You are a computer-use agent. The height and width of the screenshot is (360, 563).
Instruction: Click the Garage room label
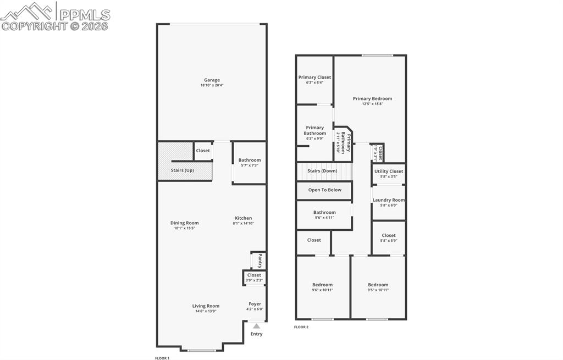point(212,80)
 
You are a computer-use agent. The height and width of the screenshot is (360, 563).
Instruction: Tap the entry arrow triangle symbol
point(256,326)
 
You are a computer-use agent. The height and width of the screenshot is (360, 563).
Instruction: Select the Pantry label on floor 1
point(260,260)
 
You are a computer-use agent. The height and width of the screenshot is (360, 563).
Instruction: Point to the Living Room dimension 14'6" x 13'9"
point(206,312)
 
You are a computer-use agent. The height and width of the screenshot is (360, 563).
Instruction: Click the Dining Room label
point(184,223)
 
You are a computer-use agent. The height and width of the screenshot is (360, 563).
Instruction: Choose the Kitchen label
point(243,218)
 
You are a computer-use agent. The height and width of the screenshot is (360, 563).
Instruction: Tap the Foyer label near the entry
point(255,304)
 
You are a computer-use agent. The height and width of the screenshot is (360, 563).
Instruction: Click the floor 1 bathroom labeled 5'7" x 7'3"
point(249,163)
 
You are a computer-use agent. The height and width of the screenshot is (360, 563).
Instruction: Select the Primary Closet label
point(314,77)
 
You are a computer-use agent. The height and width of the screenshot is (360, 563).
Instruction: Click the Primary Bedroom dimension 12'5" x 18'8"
point(372,104)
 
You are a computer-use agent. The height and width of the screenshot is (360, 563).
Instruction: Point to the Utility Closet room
point(388,173)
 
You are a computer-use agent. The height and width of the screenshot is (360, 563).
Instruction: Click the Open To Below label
point(324,190)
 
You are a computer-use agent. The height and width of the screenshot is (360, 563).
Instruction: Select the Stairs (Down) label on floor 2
point(322,171)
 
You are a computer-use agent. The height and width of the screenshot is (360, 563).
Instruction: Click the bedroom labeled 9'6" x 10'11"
point(322,287)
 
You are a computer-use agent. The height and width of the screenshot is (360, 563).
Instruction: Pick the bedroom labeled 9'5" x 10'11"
point(378,287)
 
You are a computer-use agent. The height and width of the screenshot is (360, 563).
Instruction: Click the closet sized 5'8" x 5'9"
point(388,238)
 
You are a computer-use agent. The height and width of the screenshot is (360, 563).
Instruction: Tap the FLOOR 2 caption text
point(301,327)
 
